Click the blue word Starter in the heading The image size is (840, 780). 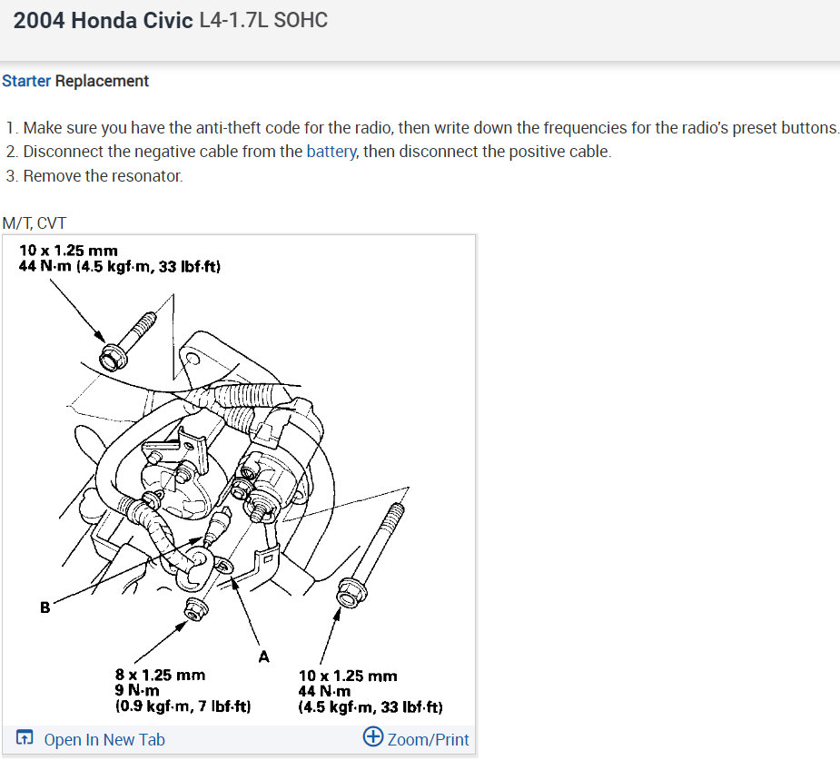tap(26, 81)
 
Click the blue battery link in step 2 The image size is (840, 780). tap(331, 152)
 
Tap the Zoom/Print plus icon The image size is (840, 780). tap(373, 736)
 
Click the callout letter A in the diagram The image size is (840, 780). tap(263, 657)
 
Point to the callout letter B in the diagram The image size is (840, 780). tap(45, 607)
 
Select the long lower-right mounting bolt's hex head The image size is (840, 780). tap(351, 593)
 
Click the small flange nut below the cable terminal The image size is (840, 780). tap(195, 609)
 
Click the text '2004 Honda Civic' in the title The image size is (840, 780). tap(103, 20)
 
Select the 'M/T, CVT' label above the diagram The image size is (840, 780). tap(35, 222)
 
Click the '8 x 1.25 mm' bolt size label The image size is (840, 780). tap(160, 675)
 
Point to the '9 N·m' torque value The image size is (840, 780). tap(137, 690)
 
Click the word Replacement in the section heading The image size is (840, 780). tap(102, 81)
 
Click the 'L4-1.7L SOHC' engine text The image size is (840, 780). tap(263, 20)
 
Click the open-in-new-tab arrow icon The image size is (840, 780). tap(25, 737)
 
